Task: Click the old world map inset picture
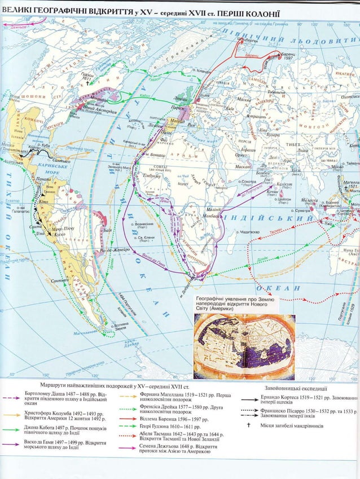pos(244,346)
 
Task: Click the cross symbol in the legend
pos(248,425)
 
